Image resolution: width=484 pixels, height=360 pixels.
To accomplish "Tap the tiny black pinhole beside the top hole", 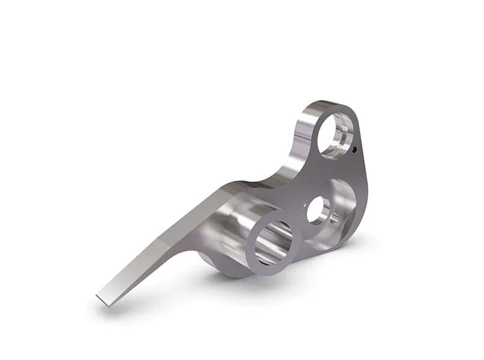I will [354, 149].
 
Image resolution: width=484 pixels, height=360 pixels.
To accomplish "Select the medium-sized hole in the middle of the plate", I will [318, 211].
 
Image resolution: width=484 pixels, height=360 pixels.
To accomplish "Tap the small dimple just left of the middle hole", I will [303, 202].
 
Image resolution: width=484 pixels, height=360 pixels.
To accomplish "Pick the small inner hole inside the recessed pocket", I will [335, 217].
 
